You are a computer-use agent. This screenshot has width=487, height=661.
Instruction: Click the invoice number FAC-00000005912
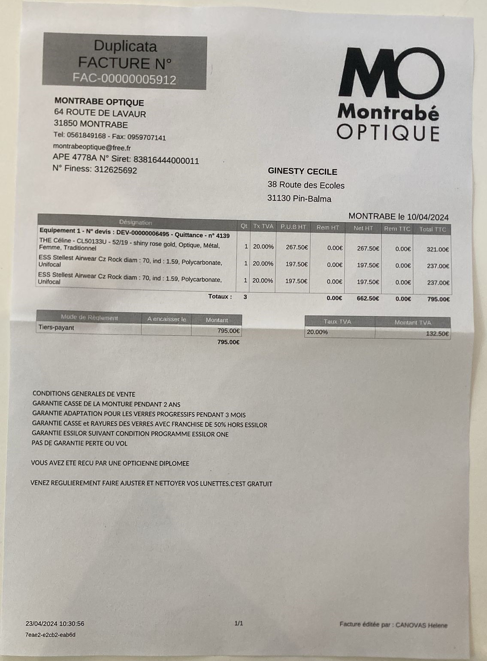pos(124,79)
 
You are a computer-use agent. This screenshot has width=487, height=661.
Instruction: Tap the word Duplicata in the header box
pos(125,46)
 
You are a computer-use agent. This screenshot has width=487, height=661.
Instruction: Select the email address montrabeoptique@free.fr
pos(92,147)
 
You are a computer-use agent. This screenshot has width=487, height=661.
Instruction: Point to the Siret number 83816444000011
pos(166,160)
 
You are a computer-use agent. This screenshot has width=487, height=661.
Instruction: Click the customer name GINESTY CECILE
pos(302,172)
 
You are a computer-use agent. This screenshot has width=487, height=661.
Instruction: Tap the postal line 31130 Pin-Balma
pos(299,199)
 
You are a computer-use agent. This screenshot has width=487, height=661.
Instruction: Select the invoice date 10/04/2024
pos(428,217)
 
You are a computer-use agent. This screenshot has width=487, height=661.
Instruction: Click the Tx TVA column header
pos(263,226)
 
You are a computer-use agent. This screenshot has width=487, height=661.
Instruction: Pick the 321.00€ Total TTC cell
pos(438,249)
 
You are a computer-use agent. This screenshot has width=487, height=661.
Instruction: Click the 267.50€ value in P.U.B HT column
pos(297,247)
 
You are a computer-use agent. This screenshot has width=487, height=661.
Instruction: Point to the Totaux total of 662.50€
pos(368,298)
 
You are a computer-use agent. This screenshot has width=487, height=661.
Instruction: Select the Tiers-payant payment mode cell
pos(56,328)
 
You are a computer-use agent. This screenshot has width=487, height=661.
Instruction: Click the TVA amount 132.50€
pos(437,334)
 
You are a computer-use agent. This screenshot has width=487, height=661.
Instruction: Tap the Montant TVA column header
pos(412,323)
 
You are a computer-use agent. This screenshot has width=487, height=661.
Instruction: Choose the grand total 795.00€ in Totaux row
pos(438,299)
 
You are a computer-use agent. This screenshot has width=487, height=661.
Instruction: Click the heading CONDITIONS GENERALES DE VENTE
pos(84,394)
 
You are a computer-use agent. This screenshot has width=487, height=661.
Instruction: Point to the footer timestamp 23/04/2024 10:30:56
pos(55,624)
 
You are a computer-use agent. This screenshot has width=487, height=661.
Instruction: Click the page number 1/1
pos(239,623)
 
